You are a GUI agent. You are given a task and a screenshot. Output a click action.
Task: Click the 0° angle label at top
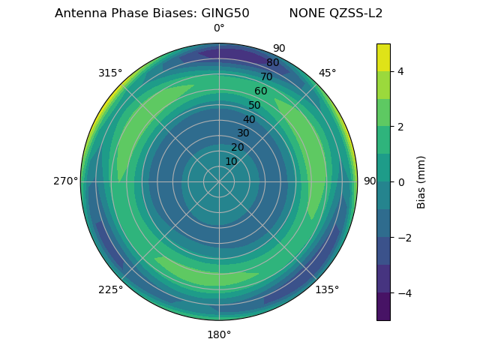[x=219, y=28]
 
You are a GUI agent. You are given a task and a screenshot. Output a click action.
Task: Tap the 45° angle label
[x=327, y=73]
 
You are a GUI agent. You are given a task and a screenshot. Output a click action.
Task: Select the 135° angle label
[x=327, y=289]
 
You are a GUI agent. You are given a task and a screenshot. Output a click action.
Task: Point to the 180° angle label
[x=219, y=334]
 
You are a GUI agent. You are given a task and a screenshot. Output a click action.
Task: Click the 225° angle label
[x=110, y=289]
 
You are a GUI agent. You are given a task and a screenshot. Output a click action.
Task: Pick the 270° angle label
[x=65, y=181]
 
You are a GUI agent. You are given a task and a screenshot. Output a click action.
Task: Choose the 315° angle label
[x=110, y=73]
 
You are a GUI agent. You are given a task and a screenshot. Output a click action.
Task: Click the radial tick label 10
[x=232, y=161]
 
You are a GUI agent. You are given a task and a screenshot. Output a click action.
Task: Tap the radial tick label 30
[x=243, y=133]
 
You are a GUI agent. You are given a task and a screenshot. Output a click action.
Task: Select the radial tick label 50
[x=254, y=105]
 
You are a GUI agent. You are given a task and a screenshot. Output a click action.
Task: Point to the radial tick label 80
[x=272, y=63]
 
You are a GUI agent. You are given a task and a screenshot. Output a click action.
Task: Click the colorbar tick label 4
[x=401, y=71]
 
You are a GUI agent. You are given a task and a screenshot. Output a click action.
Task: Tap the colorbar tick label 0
[x=401, y=181]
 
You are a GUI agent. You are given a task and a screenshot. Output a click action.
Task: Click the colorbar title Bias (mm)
[x=421, y=181]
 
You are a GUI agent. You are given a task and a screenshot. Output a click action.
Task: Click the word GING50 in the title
[x=225, y=13]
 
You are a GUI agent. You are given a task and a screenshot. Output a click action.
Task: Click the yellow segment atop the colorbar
[x=383, y=57]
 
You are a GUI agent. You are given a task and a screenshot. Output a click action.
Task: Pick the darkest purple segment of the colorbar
[x=383, y=306]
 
